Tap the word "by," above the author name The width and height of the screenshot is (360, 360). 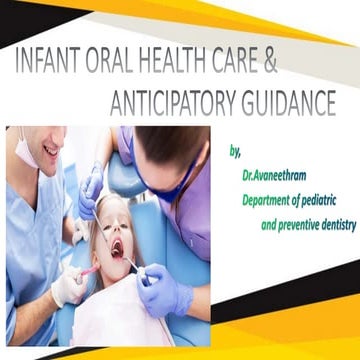click(235, 152)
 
